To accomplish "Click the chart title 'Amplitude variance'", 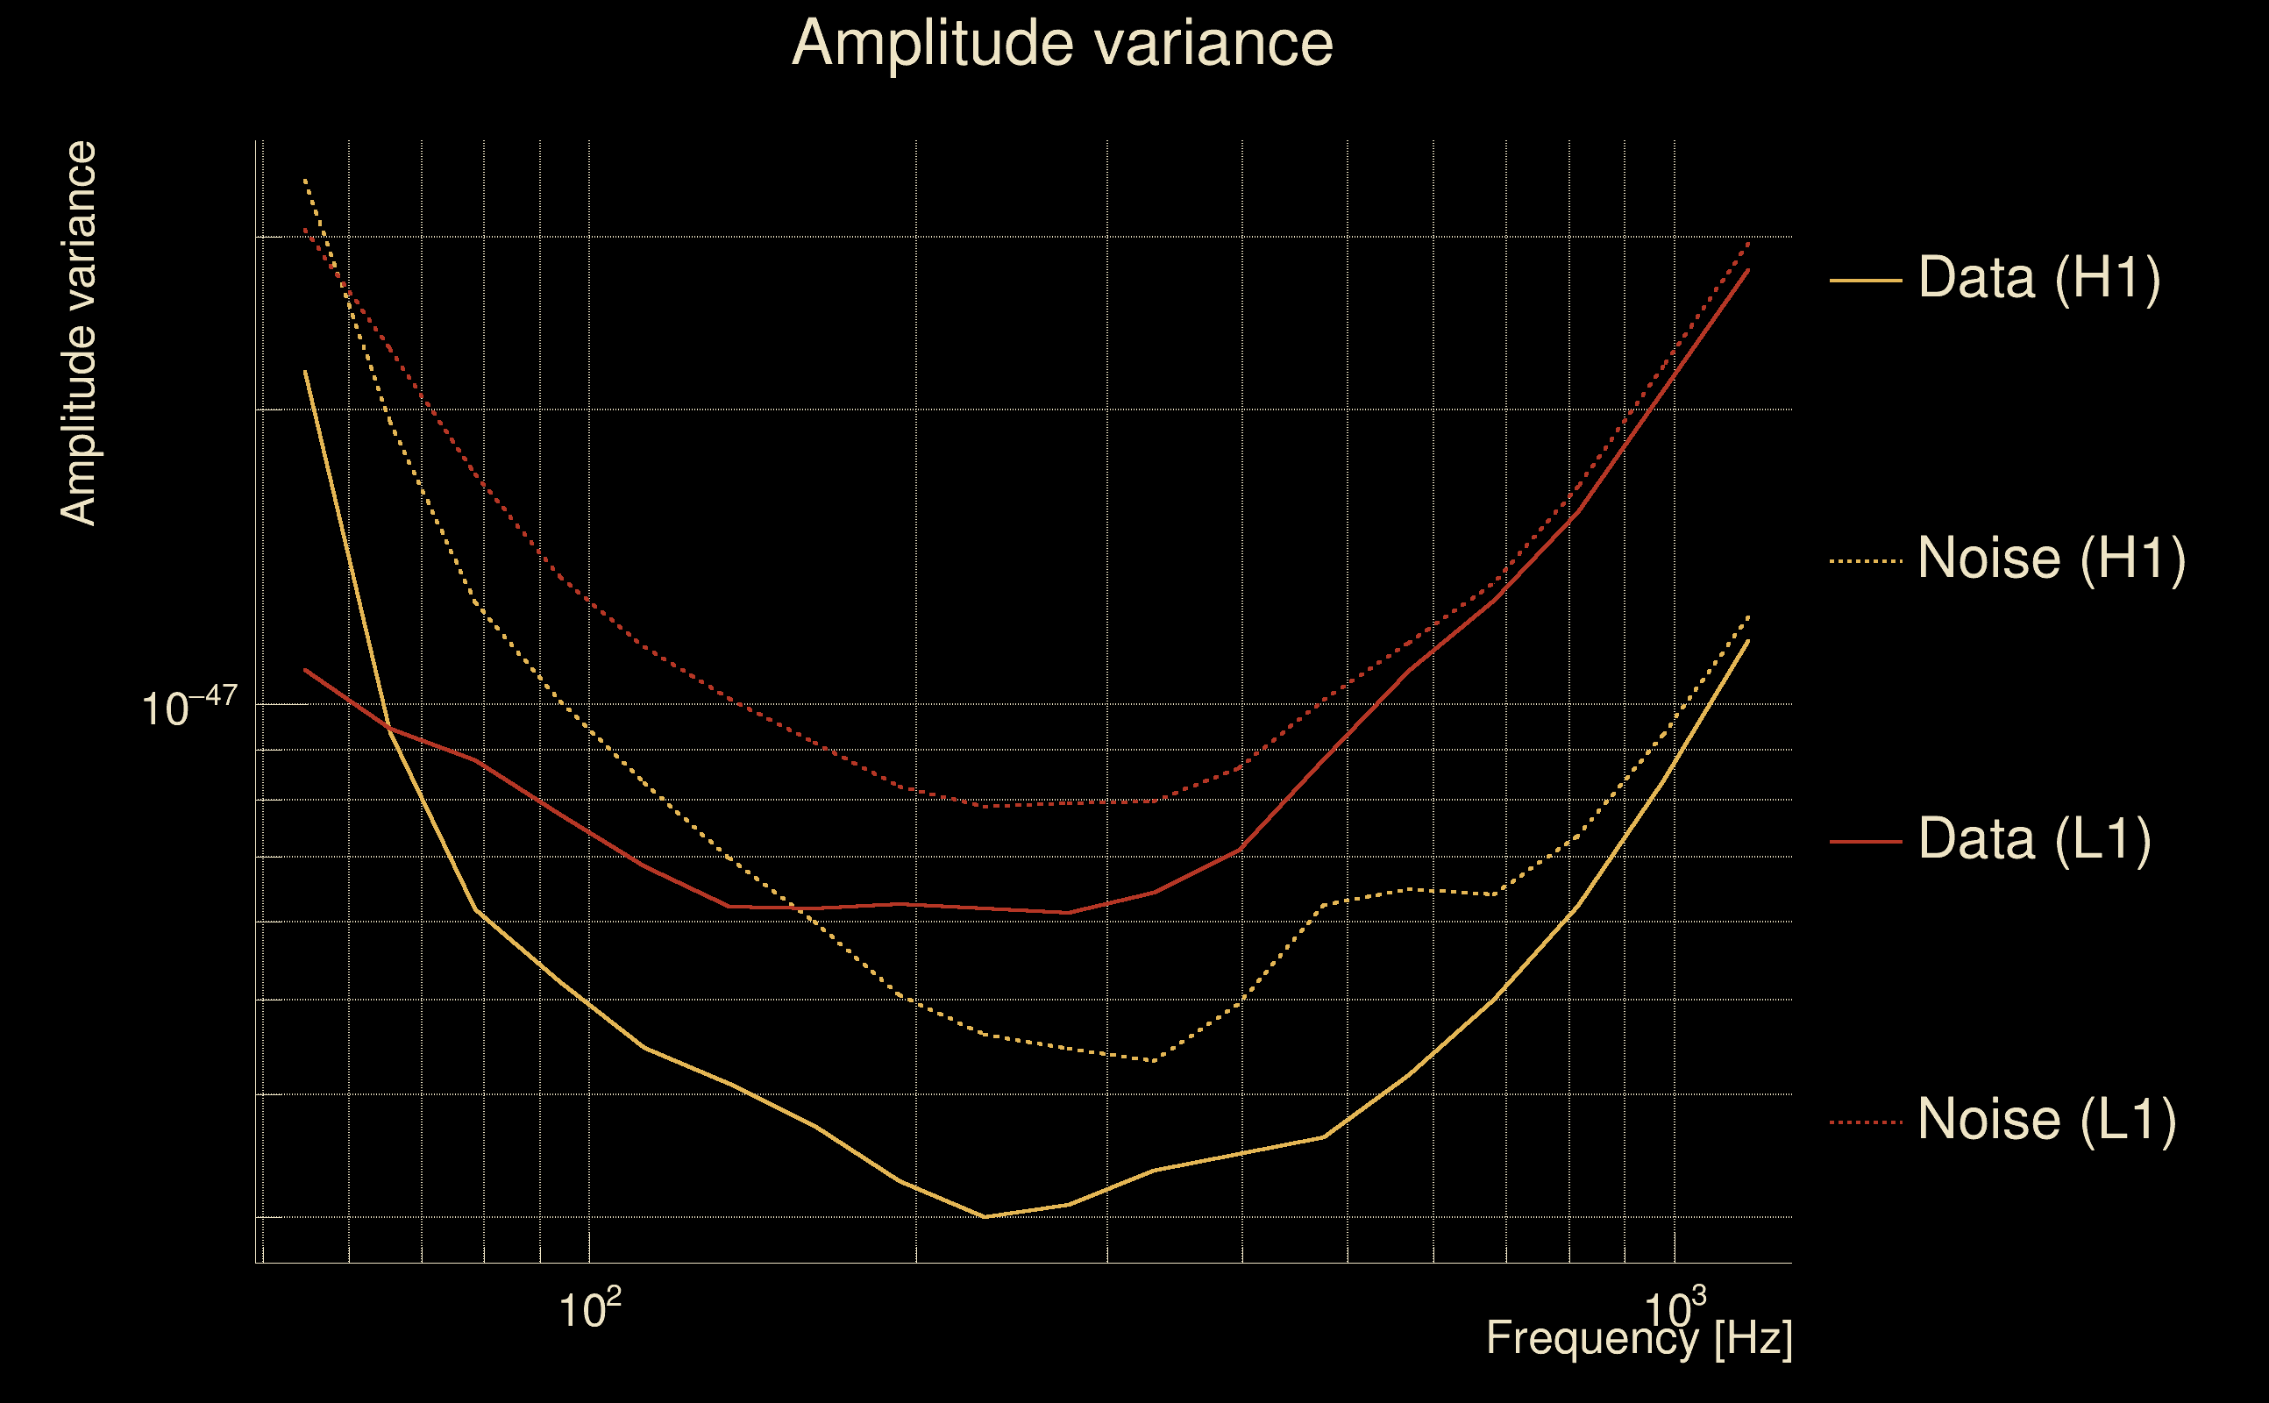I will click(x=1062, y=44).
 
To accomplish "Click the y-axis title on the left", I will click(x=78, y=334).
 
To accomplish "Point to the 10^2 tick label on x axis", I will click(x=589, y=1309).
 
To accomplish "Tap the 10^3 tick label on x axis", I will click(x=1675, y=1309).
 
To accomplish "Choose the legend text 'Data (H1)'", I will click(x=2039, y=277).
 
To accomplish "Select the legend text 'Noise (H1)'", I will click(x=2051, y=559).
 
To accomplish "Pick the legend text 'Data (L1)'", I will click(x=2034, y=840).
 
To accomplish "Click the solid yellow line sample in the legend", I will click(x=1866, y=280).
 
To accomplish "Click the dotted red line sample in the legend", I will click(x=1866, y=1122).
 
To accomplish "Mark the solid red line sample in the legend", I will click(x=1866, y=842).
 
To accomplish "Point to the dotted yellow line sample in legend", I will click(x=1866, y=561).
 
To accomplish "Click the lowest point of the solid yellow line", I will click(x=985, y=1216).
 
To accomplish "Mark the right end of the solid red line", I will click(x=1748, y=269).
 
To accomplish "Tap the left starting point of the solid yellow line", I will click(x=305, y=371).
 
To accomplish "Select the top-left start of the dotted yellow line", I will click(x=305, y=179).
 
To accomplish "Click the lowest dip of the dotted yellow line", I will click(x=1153, y=1059).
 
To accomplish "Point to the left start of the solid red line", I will click(x=305, y=669).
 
